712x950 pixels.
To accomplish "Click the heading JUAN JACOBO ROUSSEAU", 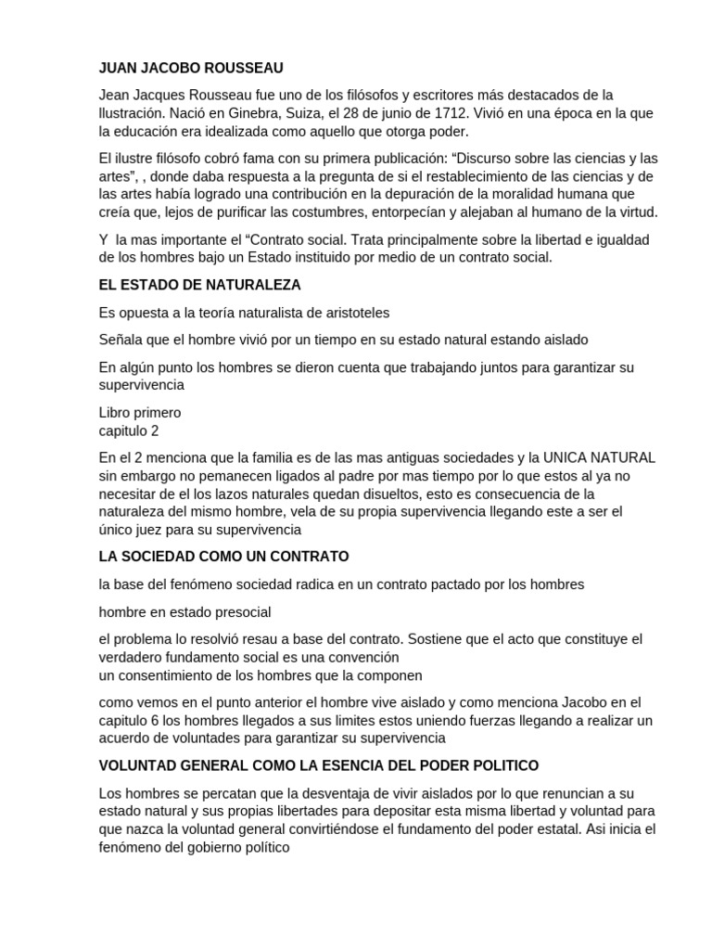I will tap(191, 69).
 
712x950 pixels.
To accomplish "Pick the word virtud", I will tap(636, 212).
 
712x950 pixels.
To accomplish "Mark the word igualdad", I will tap(622, 239).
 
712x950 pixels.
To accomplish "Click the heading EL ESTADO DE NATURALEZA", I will tap(199, 284).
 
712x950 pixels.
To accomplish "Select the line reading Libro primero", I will tap(140, 412).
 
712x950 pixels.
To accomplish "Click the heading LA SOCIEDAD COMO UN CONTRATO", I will tap(223, 557).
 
